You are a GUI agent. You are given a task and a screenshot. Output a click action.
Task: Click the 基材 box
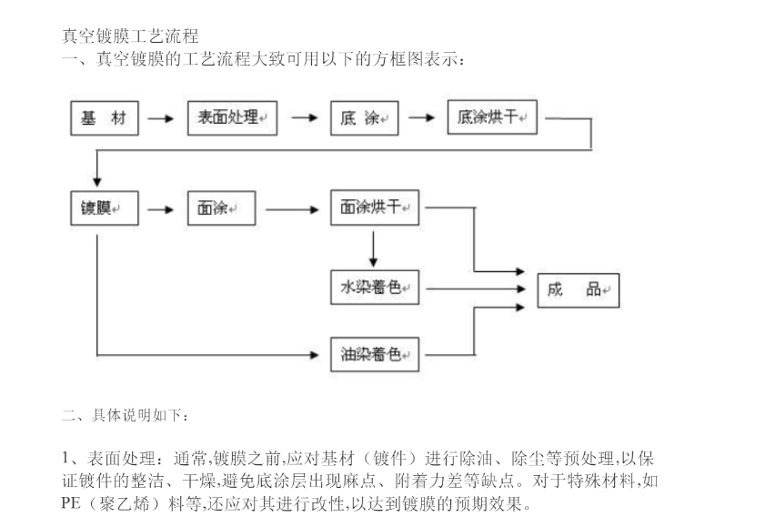click(105, 118)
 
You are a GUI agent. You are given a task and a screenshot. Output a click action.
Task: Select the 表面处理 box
click(232, 118)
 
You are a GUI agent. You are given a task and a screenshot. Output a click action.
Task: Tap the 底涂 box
click(365, 118)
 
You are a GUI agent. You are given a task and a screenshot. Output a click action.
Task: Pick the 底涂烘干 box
click(492, 117)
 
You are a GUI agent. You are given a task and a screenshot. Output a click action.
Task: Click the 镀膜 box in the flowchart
click(105, 208)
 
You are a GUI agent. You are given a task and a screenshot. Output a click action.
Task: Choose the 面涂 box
click(222, 208)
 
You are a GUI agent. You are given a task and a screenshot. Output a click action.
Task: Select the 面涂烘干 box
click(375, 208)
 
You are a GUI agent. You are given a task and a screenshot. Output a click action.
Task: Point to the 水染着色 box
click(375, 288)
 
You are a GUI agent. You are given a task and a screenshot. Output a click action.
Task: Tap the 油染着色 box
click(375, 354)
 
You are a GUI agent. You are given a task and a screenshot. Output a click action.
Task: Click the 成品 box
click(579, 290)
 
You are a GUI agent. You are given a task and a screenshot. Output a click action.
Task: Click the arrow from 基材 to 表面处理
click(160, 118)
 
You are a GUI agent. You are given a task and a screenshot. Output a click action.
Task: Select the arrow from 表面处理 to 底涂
click(305, 117)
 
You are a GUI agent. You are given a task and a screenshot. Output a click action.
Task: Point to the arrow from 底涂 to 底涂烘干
click(421, 117)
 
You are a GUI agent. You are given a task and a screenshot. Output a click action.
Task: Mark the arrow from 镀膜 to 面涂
click(160, 210)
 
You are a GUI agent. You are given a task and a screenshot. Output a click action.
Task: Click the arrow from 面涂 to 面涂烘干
click(292, 210)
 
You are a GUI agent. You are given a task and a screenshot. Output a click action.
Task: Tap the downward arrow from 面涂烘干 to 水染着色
click(373, 249)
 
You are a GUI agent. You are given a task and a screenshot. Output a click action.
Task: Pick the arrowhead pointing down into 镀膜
click(97, 182)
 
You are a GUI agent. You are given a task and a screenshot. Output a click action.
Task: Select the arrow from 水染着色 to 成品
click(476, 289)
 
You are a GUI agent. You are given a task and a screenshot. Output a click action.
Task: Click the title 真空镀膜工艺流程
click(130, 36)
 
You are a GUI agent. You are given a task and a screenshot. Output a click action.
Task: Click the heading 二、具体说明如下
click(126, 415)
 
